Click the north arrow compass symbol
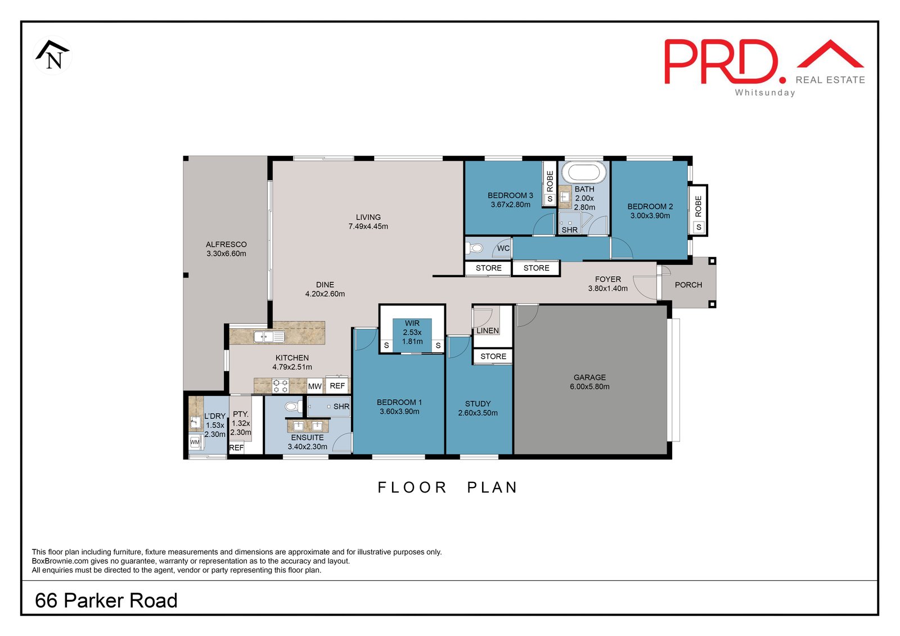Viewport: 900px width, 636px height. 53,55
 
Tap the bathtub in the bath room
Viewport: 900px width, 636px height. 584,172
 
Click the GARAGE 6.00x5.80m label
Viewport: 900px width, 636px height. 589,382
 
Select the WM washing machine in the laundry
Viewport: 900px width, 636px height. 195,443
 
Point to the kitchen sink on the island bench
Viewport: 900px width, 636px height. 269,337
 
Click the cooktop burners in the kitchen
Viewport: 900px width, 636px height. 280,386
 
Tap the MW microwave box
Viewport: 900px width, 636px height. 314,386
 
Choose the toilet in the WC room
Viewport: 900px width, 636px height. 476,248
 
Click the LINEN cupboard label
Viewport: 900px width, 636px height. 487,331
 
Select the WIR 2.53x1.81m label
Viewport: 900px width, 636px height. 412,332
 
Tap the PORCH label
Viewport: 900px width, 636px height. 688,285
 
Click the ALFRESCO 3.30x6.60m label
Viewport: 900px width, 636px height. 226,249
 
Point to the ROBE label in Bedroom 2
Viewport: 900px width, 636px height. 698,206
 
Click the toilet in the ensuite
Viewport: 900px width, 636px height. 292,406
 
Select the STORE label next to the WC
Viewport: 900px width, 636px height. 488,268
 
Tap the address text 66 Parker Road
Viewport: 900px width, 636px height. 106,600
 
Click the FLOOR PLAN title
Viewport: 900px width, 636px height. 447,487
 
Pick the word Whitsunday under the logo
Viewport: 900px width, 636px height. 765,93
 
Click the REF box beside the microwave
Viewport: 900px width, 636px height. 337,386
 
